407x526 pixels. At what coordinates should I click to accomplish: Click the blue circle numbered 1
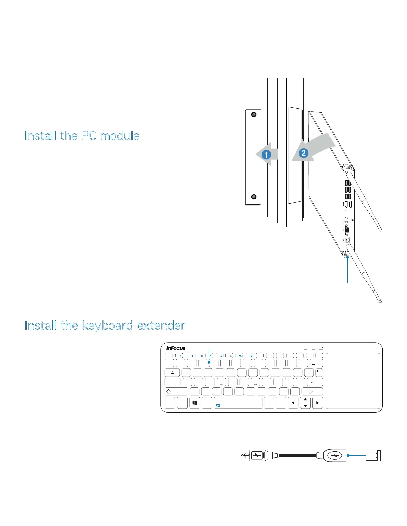pos(266,155)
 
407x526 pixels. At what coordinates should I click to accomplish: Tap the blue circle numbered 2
pos(303,153)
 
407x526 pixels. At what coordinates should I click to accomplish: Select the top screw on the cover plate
pos(254,115)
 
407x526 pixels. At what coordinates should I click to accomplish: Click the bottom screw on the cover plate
pos(254,197)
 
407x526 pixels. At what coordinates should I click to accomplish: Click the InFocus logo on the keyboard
pos(176,348)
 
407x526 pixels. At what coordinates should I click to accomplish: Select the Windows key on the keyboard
pos(195,403)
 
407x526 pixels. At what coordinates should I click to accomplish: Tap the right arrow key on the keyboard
pos(318,403)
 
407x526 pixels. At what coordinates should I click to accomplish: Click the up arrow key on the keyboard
pos(305,400)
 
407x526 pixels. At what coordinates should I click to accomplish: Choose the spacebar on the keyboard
pos(238,403)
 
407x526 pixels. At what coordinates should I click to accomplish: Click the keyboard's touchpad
pos(353,381)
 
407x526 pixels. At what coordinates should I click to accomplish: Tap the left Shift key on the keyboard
pos(176,392)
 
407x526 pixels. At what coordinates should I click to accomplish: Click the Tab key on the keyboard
pos(172,373)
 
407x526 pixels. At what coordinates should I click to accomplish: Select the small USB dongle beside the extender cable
pos(373,456)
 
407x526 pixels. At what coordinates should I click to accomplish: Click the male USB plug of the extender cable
pos(245,455)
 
